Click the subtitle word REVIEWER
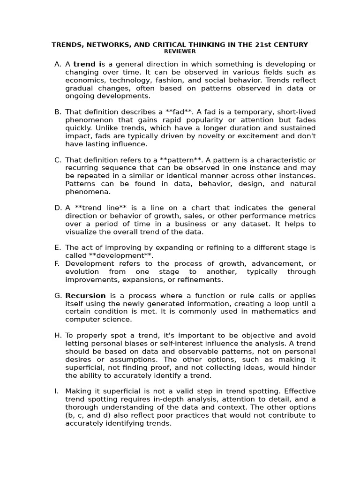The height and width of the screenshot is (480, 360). (x=180, y=51)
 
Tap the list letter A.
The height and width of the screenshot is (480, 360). (x=57, y=64)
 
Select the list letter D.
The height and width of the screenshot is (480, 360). (x=58, y=208)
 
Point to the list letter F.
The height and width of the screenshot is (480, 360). (x=57, y=263)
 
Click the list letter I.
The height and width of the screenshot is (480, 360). (x=57, y=391)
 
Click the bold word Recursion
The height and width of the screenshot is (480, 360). (x=85, y=295)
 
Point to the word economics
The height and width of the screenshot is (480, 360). (x=84, y=80)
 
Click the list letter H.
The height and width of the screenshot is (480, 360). (x=58, y=335)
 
